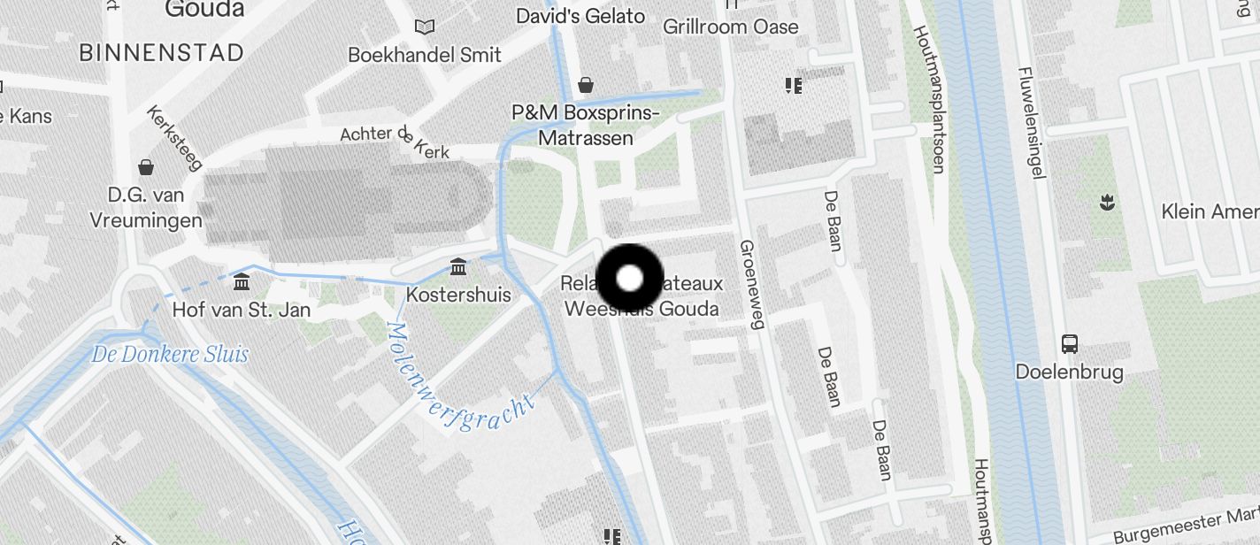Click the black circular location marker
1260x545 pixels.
(629, 279)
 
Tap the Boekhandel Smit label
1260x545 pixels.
(425, 55)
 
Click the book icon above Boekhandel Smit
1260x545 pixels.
(425, 27)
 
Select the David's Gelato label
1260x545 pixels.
(580, 16)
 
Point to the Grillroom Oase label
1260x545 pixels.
(731, 27)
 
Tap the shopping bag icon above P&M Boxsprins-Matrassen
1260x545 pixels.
(586, 85)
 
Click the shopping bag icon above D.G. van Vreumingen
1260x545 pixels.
(145, 167)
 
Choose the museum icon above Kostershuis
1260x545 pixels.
(458, 266)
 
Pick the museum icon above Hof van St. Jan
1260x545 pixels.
(242, 282)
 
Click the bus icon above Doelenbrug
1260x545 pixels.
(1070, 344)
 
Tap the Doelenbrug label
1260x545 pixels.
(1070, 372)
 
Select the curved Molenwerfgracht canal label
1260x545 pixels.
(460, 380)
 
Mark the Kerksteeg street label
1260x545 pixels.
(174, 138)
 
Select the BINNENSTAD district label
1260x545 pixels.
(161, 53)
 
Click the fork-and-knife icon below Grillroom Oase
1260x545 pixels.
(793, 86)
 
